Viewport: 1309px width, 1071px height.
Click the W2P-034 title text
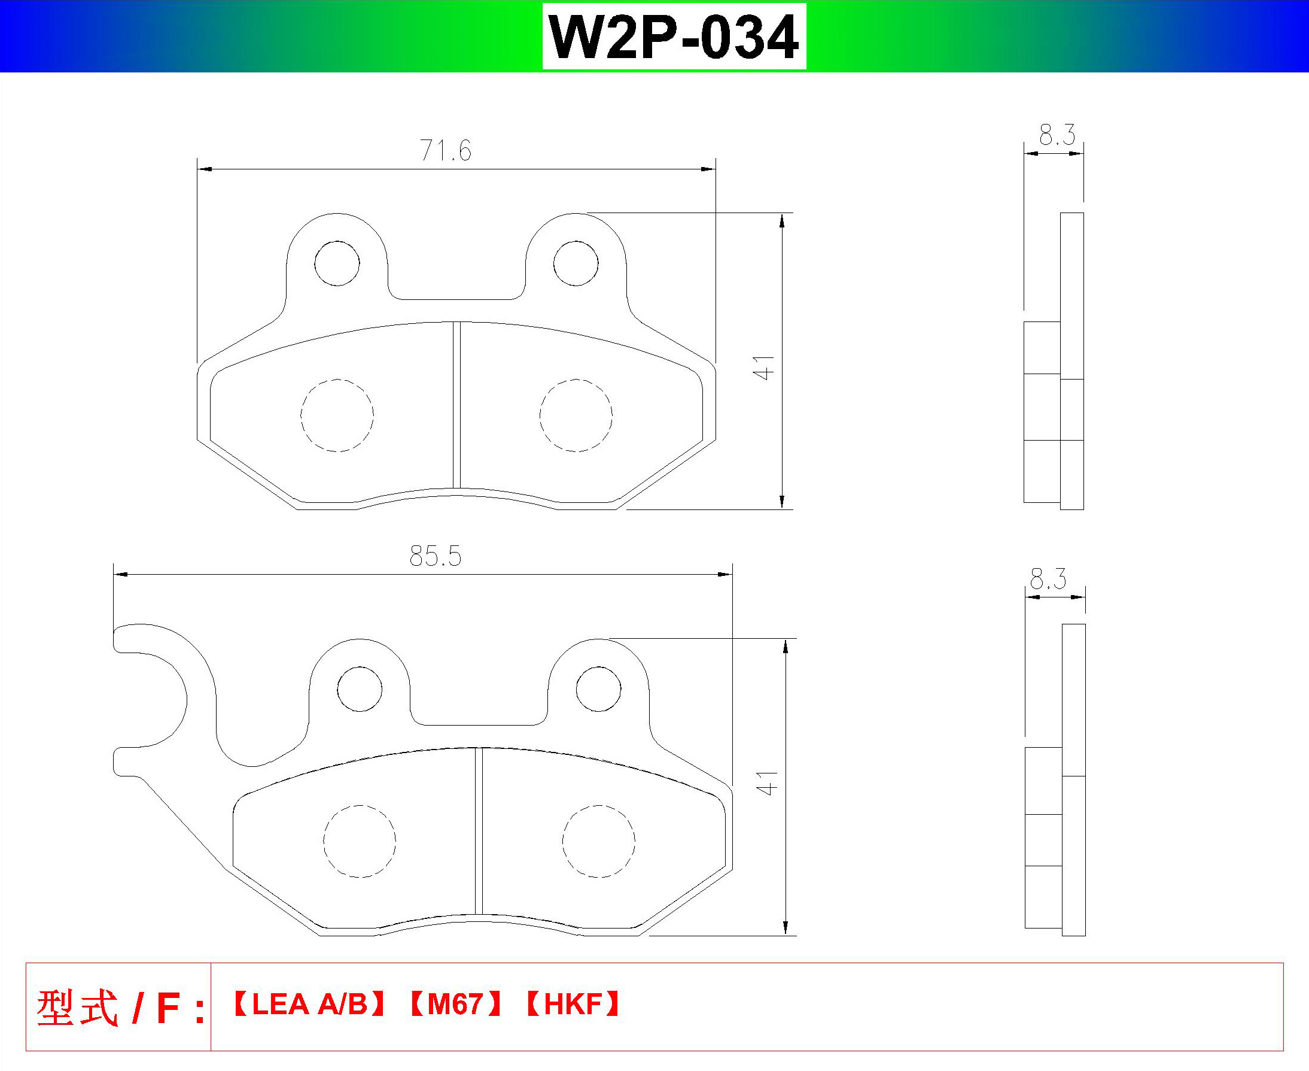[674, 37]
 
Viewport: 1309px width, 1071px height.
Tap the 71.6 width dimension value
[446, 150]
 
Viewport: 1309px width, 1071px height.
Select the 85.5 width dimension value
[436, 556]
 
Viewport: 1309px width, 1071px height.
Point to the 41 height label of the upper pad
[763, 367]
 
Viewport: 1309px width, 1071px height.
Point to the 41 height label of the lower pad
[767, 783]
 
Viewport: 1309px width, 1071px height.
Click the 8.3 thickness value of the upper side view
[1057, 135]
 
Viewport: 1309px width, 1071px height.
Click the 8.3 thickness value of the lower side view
[1048, 579]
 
